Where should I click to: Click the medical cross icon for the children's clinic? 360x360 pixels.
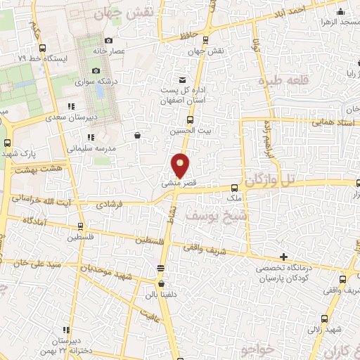click(283, 257)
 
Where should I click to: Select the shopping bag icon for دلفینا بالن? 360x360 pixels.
click(162, 284)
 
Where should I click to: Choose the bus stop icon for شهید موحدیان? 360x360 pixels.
click(161, 268)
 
